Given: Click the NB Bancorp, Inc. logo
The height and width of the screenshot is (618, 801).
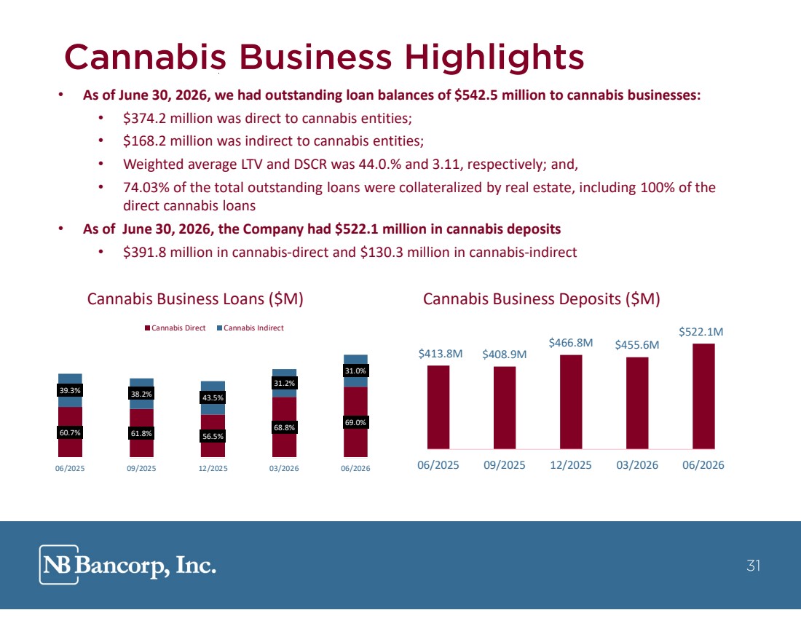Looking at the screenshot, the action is pyautogui.click(x=127, y=564).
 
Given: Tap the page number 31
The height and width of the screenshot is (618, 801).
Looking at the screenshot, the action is pyautogui.click(x=754, y=566).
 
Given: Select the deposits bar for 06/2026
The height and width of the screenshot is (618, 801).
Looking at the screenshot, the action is pyautogui.click(x=703, y=396).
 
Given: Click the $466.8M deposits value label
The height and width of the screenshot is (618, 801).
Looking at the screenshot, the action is pyautogui.click(x=571, y=343).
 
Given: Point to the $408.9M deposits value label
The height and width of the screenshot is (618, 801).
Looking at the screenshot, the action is pyautogui.click(x=504, y=354).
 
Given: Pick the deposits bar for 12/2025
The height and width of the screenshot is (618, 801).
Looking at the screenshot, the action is pyautogui.click(x=571, y=402).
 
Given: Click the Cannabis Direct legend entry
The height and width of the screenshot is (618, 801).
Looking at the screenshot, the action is pyautogui.click(x=175, y=328).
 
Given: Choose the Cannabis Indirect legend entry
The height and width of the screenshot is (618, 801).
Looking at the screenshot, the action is pyautogui.click(x=250, y=328).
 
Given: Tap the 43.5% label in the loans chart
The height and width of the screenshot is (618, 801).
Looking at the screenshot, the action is pyautogui.click(x=213, y=398).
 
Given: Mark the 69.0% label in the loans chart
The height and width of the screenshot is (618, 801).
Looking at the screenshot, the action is pyautogui.click(x=355, y=422).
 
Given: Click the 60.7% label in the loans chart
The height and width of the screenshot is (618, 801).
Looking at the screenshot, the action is pyautogui.click(x=70, y=432).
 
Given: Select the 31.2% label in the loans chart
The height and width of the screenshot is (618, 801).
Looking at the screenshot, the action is pyautogui.click(x=284, y=383).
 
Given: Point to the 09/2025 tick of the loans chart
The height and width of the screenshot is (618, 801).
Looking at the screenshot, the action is pyautogui.click(x=141, y=468).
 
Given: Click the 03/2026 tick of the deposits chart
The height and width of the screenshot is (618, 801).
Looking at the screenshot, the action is pyautogui.click(x=637, y=465).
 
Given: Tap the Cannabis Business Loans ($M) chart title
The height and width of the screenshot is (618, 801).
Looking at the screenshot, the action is pyautogui.click(x=195, y=298).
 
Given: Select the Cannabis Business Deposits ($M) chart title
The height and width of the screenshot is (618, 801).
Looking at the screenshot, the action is pyautogui.click(x=542, y=298).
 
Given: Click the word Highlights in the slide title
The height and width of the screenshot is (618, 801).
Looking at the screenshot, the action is pyautogui.click(x=494, y=58).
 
